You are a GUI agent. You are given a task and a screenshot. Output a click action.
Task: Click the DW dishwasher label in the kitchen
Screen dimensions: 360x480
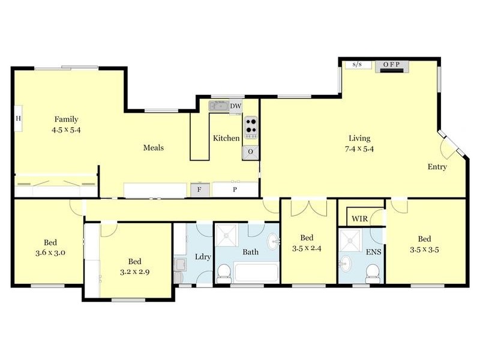click(236, 106)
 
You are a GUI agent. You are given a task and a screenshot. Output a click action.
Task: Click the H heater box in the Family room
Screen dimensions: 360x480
click(18, 118)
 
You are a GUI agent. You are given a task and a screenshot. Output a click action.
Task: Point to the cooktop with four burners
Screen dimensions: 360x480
click(250, 128)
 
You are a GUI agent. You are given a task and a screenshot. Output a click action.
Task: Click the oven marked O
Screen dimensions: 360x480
click(250, 152)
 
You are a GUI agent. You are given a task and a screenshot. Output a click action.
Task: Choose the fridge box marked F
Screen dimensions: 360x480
click(200, 190)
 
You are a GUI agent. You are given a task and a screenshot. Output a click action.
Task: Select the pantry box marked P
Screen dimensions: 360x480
click(235, 190)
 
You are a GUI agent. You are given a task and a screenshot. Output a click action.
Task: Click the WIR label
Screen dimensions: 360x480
click(360, 218)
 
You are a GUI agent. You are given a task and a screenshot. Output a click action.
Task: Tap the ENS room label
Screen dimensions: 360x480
click(374, 252)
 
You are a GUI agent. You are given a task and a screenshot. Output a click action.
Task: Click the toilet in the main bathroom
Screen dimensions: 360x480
click(223, 274)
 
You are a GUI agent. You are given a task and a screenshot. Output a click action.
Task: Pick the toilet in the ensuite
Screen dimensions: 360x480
click(372, 274)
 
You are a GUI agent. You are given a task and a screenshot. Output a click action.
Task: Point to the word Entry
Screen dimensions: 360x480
click(437, 167)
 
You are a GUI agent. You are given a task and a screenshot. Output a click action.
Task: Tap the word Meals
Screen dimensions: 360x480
click(153, 148)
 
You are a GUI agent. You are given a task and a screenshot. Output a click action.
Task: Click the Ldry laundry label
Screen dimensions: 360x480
click(203, 257)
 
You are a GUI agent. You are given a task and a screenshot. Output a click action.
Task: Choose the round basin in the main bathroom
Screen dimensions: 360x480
click(272, 242)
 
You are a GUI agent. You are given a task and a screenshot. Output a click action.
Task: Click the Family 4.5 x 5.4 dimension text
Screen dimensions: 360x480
click(67, 129)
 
